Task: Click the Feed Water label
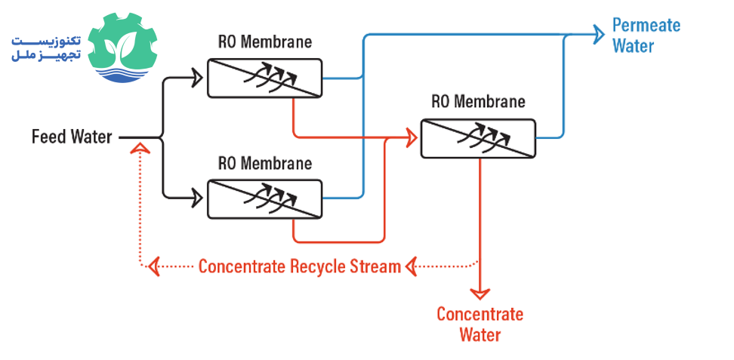72,137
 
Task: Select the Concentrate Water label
480,325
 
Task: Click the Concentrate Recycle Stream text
299,266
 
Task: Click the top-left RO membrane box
264,76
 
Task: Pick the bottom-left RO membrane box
264,199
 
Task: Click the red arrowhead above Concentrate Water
480,291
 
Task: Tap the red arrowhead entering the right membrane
412,137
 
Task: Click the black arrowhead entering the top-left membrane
199,76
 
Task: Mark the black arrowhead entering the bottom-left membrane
199,198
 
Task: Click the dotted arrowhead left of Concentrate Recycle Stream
154,266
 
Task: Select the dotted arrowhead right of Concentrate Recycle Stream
412,266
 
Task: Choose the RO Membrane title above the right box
478,101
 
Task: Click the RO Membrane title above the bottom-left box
264,163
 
